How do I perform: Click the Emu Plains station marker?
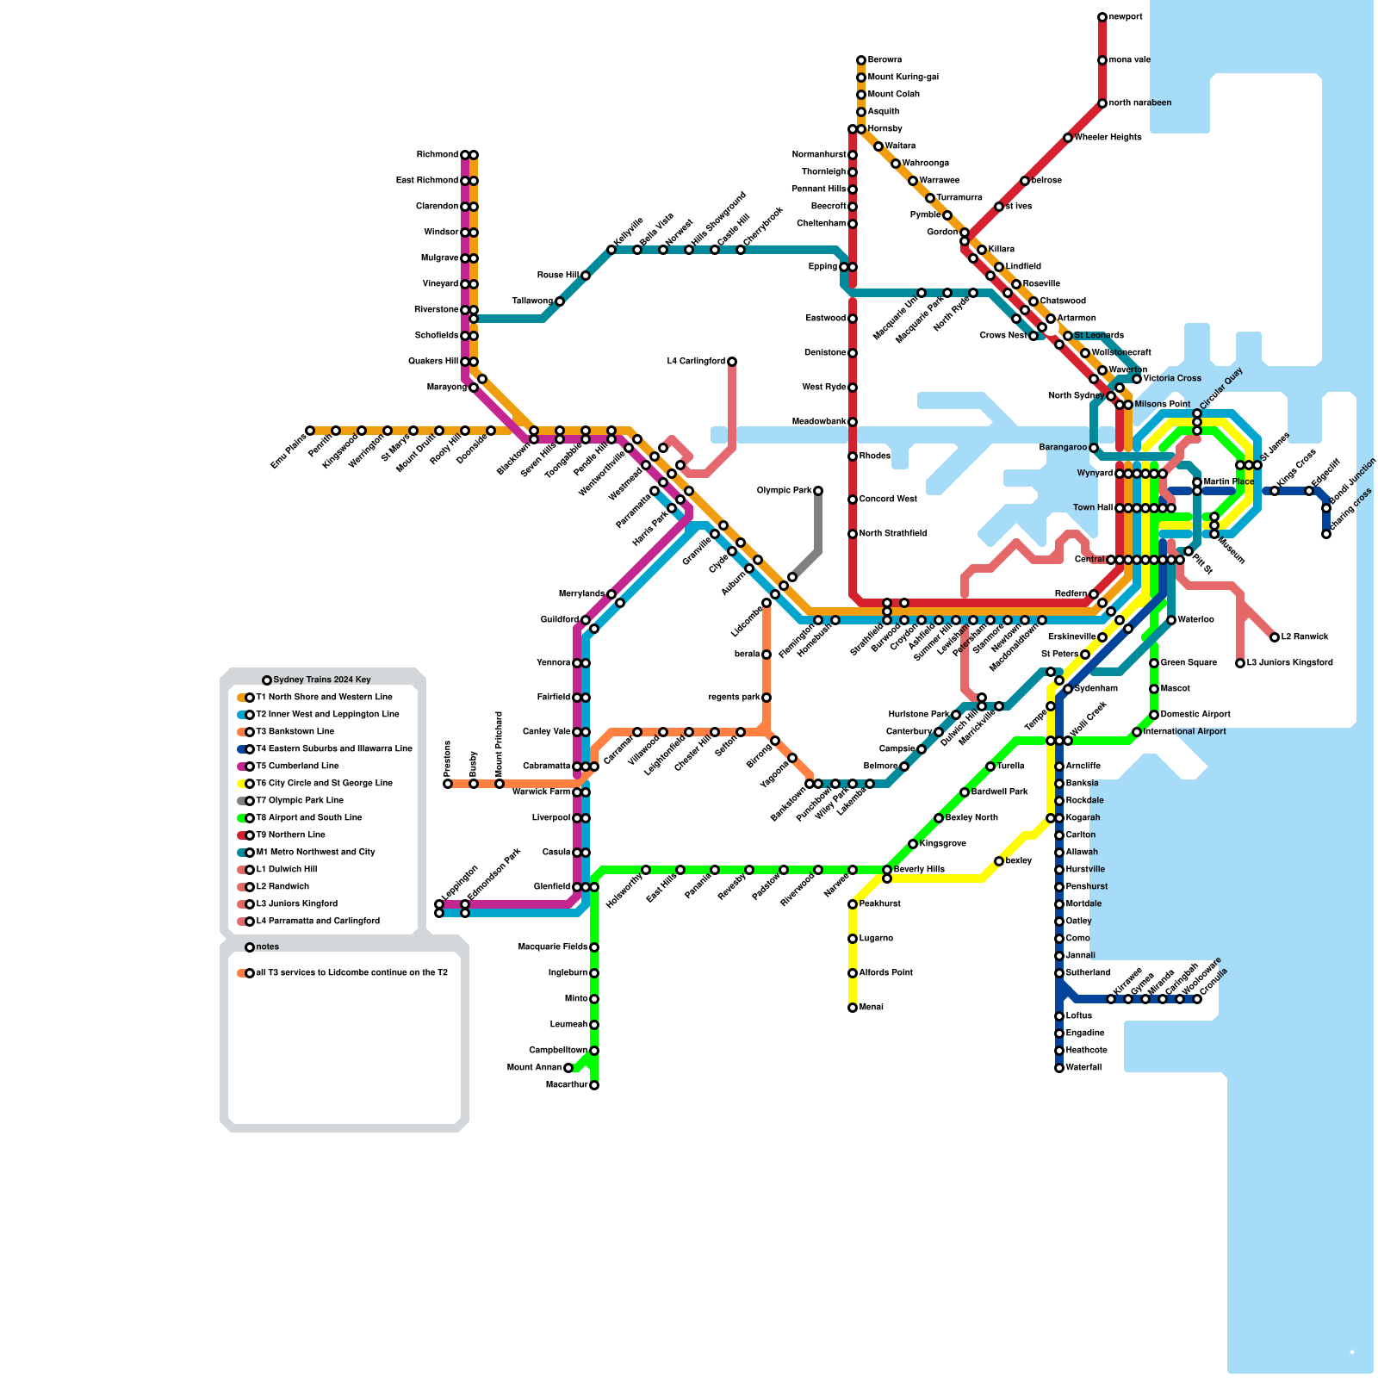[x=310, y=431]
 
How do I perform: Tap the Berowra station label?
[x=885, y=60]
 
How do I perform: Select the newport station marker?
[x=1102, y=17]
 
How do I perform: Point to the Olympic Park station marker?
[x=818, y=491]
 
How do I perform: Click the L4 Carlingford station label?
[x=696, y=362]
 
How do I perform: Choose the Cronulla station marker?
[x=1197, y=999]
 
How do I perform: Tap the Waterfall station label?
[x=1083, y=1068]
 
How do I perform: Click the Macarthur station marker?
[x=594, y=1085]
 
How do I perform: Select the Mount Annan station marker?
[x=568, y=1068]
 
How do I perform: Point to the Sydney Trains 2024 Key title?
[x=322, y=680]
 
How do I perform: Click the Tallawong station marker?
[x=560, y=301]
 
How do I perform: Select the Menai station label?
[x=872, y=1008]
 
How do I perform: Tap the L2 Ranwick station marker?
[x=1275, y=637]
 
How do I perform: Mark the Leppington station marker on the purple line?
[x=439, y=904]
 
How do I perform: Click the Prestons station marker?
[x=448, y=784]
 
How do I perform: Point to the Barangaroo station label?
[x=1063, y=448]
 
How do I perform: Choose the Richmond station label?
[x=438, y=155]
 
